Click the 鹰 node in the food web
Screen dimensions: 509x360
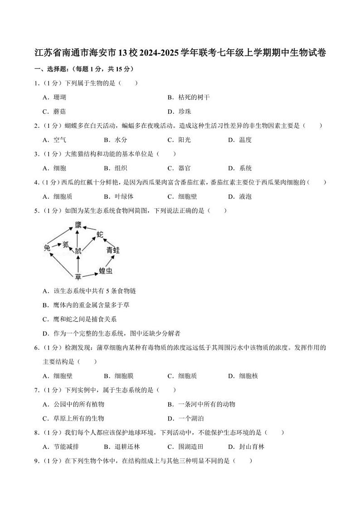78,224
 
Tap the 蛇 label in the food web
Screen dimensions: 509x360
100,234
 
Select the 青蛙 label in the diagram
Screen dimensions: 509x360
113,250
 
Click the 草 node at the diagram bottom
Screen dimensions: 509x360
78,276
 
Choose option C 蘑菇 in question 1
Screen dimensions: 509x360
59,111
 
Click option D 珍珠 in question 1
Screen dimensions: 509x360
185,111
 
